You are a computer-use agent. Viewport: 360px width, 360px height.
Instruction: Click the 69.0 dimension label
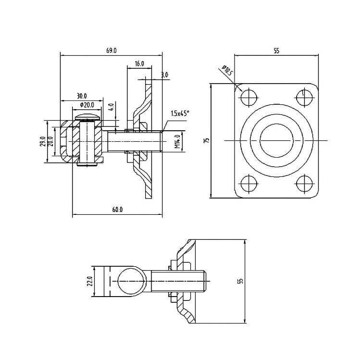coord(112,50)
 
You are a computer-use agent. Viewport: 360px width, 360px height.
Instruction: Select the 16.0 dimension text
coord(139,63)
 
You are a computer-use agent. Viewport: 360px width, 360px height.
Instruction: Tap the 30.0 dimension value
coord(82,96)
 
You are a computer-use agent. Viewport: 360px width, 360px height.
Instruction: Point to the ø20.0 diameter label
coord(87,105)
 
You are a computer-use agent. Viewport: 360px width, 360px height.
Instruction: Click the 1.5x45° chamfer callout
coord(180,113)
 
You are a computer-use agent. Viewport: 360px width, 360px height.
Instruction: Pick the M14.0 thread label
coord(177,141)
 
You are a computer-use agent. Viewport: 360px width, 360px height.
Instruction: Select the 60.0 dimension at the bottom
coord(118,210)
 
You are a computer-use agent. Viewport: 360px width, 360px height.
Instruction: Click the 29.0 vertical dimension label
coord(42,141)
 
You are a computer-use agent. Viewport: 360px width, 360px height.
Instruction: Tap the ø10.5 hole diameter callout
coord(227,70)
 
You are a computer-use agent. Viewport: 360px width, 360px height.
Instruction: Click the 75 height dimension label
coord(207,140)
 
